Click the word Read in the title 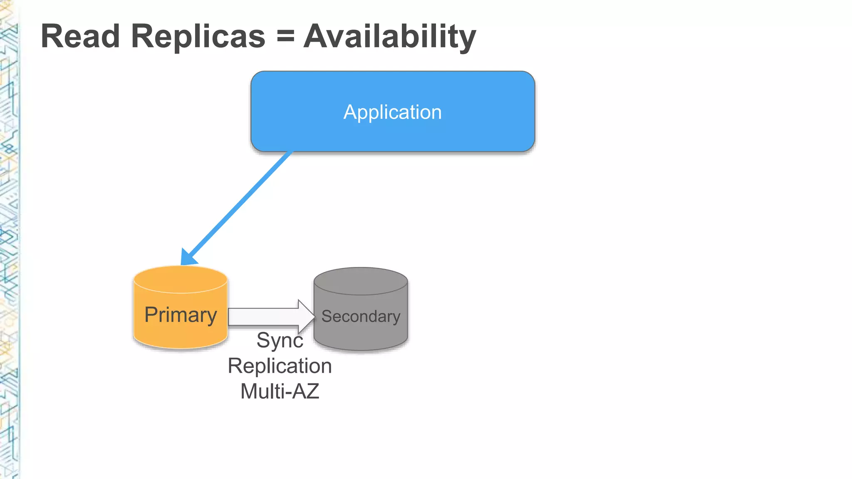[80, 37]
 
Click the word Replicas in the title [198, 37]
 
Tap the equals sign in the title [285, 36]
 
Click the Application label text [392, 112]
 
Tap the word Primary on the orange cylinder [181, 315]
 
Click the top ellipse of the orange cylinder [181, 279]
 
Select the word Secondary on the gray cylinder [361, 316]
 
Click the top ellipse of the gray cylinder [361, 281]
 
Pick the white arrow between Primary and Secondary [266, 317]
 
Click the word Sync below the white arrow [280, 341]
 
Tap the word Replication [280, 366]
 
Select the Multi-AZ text [280, 392]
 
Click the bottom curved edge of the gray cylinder [361, 349]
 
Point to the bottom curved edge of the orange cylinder [181, 347]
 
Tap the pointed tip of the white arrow [314, 317]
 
